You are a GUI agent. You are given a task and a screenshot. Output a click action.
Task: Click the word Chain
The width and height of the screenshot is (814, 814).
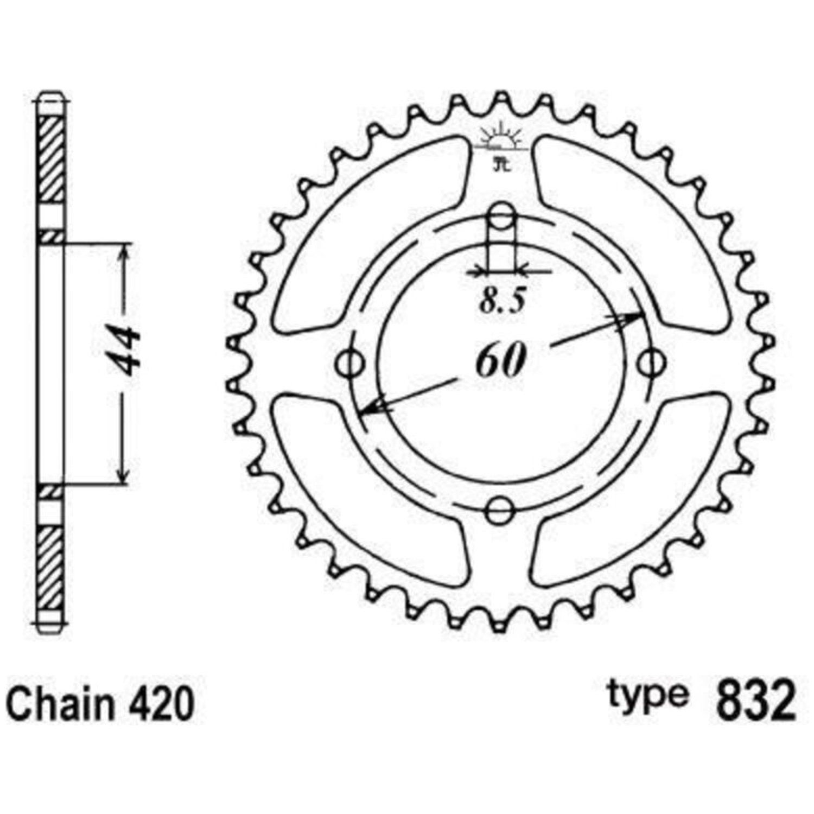(x=62, y=704)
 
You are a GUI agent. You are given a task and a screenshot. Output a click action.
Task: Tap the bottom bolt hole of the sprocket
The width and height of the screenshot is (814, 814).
(x=499, y=510)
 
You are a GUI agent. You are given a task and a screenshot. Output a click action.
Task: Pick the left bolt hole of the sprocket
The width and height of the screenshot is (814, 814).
(x=351, y=363)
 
